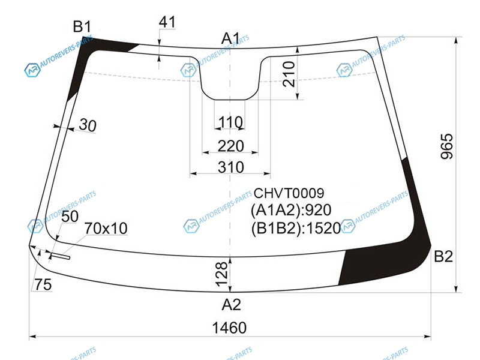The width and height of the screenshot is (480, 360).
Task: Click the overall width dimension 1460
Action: [229, 328]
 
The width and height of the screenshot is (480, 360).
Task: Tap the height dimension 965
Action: [446, 146]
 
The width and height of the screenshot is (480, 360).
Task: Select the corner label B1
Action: [82, 26]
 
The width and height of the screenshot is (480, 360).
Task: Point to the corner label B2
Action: [443, 256]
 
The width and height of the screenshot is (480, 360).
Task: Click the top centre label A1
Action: [230, 38]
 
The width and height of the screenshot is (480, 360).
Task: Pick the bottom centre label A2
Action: [232, 305]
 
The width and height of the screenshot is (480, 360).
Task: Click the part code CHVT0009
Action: [289, 193]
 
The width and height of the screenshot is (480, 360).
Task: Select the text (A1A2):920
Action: [291, 211]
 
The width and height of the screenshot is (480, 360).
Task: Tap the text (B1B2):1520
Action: [296, 228]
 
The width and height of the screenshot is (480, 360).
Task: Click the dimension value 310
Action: [231, 167]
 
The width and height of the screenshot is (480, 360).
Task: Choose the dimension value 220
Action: [231, 146]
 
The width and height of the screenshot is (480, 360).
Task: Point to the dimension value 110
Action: [230, 122]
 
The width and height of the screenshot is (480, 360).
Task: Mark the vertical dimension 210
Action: [289, 74]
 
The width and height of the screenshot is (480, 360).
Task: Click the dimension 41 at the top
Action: [167, 22]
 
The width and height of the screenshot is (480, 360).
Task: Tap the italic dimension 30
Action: [88, 125]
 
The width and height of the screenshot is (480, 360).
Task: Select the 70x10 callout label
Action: [106, 228]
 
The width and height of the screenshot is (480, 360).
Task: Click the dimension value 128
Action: [222, 274]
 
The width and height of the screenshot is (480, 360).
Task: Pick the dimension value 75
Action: [43, 284]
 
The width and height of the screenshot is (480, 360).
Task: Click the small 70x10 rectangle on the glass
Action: [61, 256]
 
